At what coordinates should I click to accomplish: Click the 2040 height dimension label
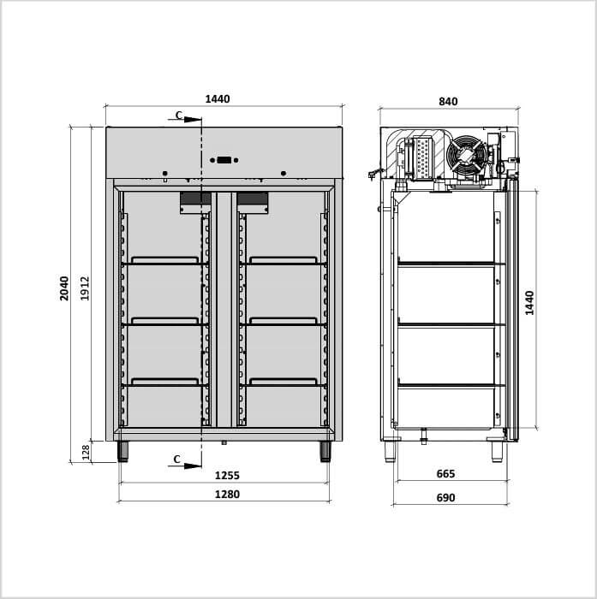(x=64, y=288)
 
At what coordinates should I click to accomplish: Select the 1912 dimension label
(x=85, y=288)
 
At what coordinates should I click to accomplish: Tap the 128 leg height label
(x=86, y=452)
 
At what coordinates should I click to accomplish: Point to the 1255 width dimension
(x=227, y=476)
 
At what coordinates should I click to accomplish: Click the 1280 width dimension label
(x=227, y=495)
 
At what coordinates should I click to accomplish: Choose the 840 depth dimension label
(x=448, y=102)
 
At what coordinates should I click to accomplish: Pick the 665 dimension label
(x=446, y=474)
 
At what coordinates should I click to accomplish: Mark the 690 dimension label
(x=446, y=498)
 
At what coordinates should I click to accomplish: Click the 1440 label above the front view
(x=218, y=99)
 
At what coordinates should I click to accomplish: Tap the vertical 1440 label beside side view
(x=529, y=303)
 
